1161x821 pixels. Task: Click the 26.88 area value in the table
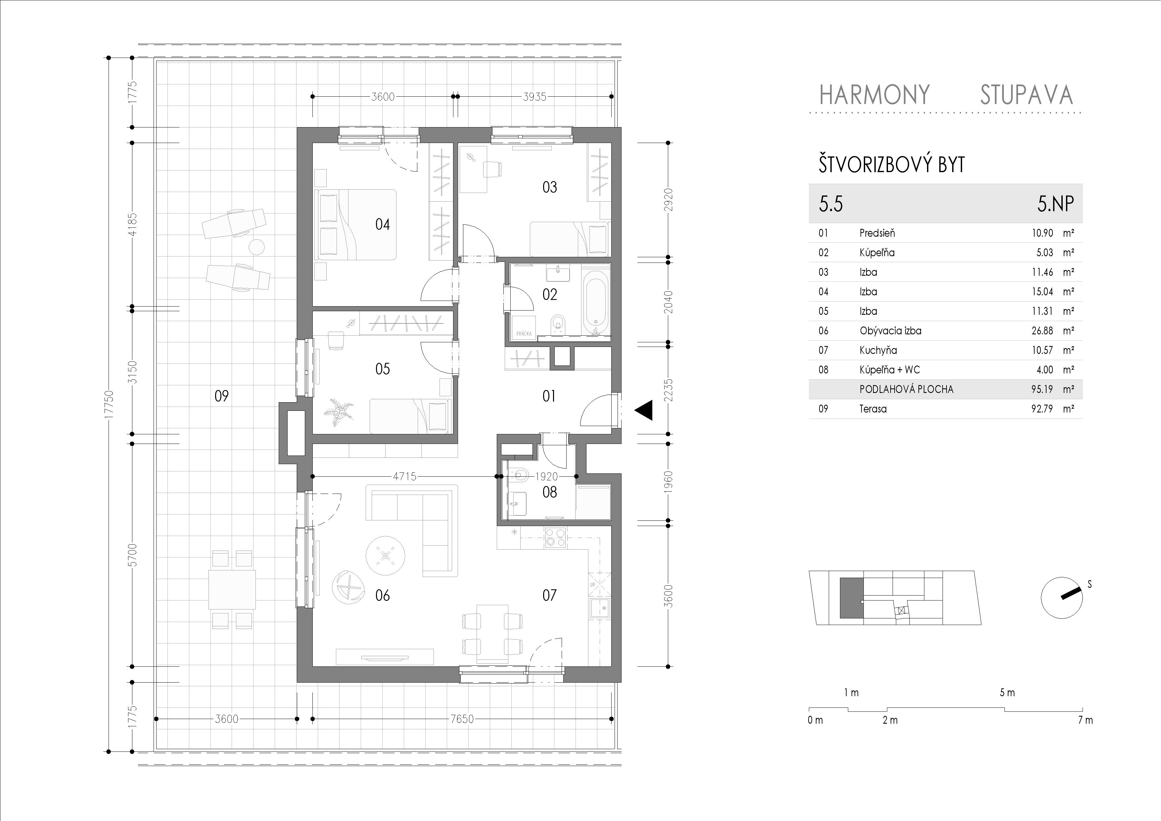click(x=1042, y=331)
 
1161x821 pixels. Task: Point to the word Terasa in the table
click(x=873, y=409)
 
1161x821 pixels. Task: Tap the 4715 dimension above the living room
click(x=404, y=476)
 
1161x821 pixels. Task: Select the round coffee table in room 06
click(x=385, y=555)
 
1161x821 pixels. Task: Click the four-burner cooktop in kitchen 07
click(x=556, y=537)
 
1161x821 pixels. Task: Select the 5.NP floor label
click(x=1055, y=204)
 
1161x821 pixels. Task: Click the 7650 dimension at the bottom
click(x=462, y=719)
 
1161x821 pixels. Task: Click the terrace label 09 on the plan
click(x=221, y=396)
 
